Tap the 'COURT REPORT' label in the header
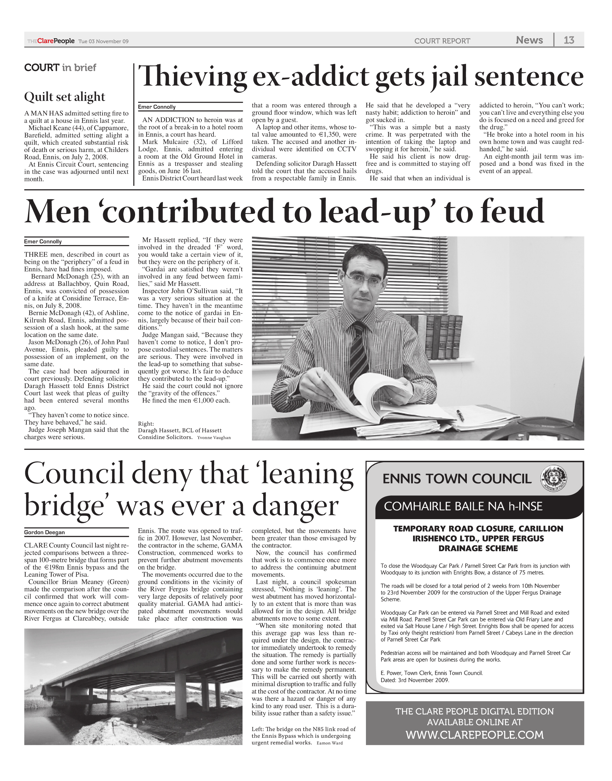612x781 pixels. coord(442,41)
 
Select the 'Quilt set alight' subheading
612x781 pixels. coord(65,97)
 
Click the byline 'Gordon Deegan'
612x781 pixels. coord(44,532)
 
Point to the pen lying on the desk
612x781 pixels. coord(460,415)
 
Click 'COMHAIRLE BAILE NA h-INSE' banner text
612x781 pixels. coord(463,506)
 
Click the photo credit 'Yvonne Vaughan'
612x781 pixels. coord(214,438)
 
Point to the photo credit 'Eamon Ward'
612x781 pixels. coord(330,743)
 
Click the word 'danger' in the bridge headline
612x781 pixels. coord(295,506)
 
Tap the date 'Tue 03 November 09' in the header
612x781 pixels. coord(103,41)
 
